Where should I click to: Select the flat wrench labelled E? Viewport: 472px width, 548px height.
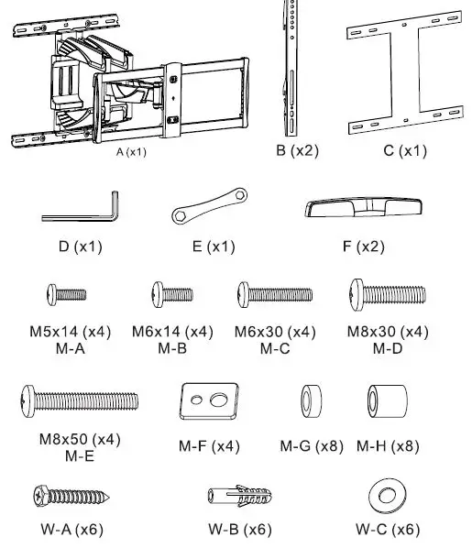pos(210,205)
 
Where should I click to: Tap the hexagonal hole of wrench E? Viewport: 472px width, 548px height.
pos(180,215)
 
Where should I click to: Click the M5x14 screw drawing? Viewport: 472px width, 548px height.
pos(67,295)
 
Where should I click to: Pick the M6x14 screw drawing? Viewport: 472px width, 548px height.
pos(172,295)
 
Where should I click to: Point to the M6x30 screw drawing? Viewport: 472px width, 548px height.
pos(275,295)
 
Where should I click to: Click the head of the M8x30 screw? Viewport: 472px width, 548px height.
pos(357,295)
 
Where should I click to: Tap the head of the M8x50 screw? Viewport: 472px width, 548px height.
pos(28,401)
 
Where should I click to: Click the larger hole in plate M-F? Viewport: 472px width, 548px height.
pos(219,400)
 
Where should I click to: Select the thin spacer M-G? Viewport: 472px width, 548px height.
pos(312,401)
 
